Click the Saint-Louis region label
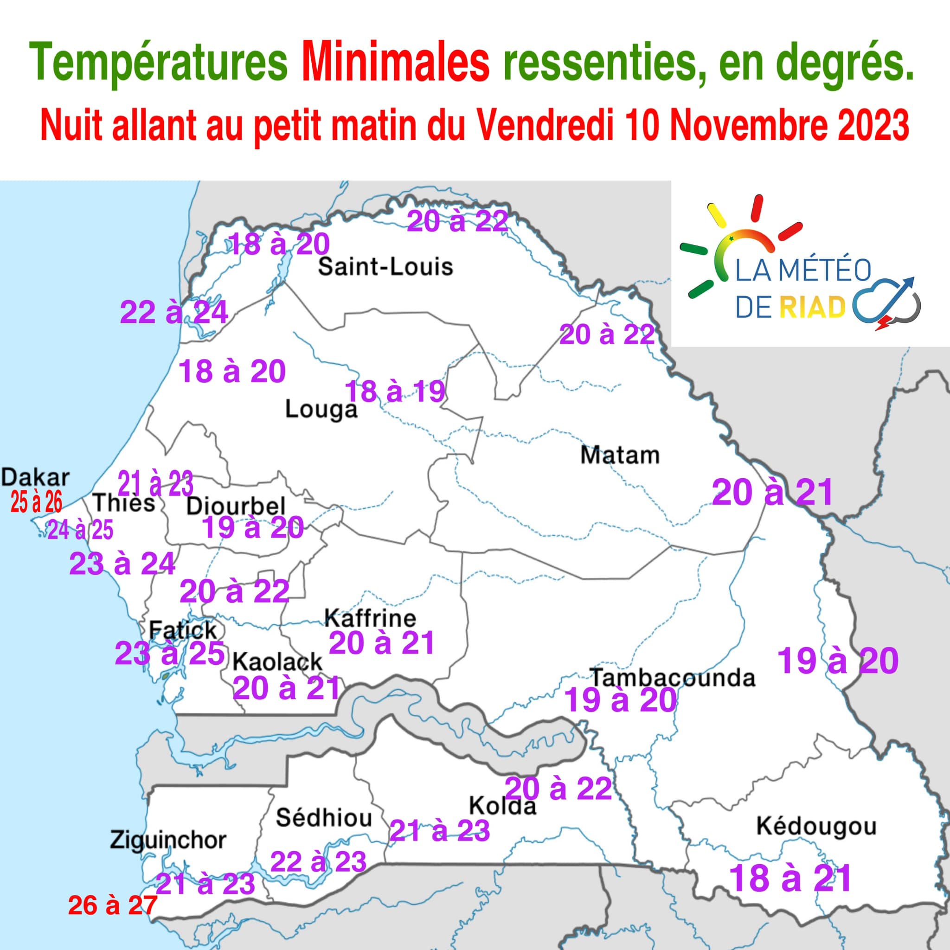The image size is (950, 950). [x=385, y=267]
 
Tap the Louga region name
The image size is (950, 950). [x=321, y=410]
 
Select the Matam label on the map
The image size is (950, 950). [x=620, y=456]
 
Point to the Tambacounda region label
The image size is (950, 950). [x=672, y=678]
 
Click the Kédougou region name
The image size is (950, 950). [x=816, y=827]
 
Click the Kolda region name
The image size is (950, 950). [x=502, y=806]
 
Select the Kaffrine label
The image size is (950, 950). [x=370, y=618]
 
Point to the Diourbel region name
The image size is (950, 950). [x=236, y=506]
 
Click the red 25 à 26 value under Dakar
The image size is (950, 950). [x=36, y=502]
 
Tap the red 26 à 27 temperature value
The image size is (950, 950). [x=113, y=905]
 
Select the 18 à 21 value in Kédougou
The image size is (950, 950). [x=790, y=878]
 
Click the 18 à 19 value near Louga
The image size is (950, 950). [x=395, y=392]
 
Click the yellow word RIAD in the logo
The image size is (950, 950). [x=812, y=308]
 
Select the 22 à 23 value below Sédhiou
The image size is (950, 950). [x=318, y=861]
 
